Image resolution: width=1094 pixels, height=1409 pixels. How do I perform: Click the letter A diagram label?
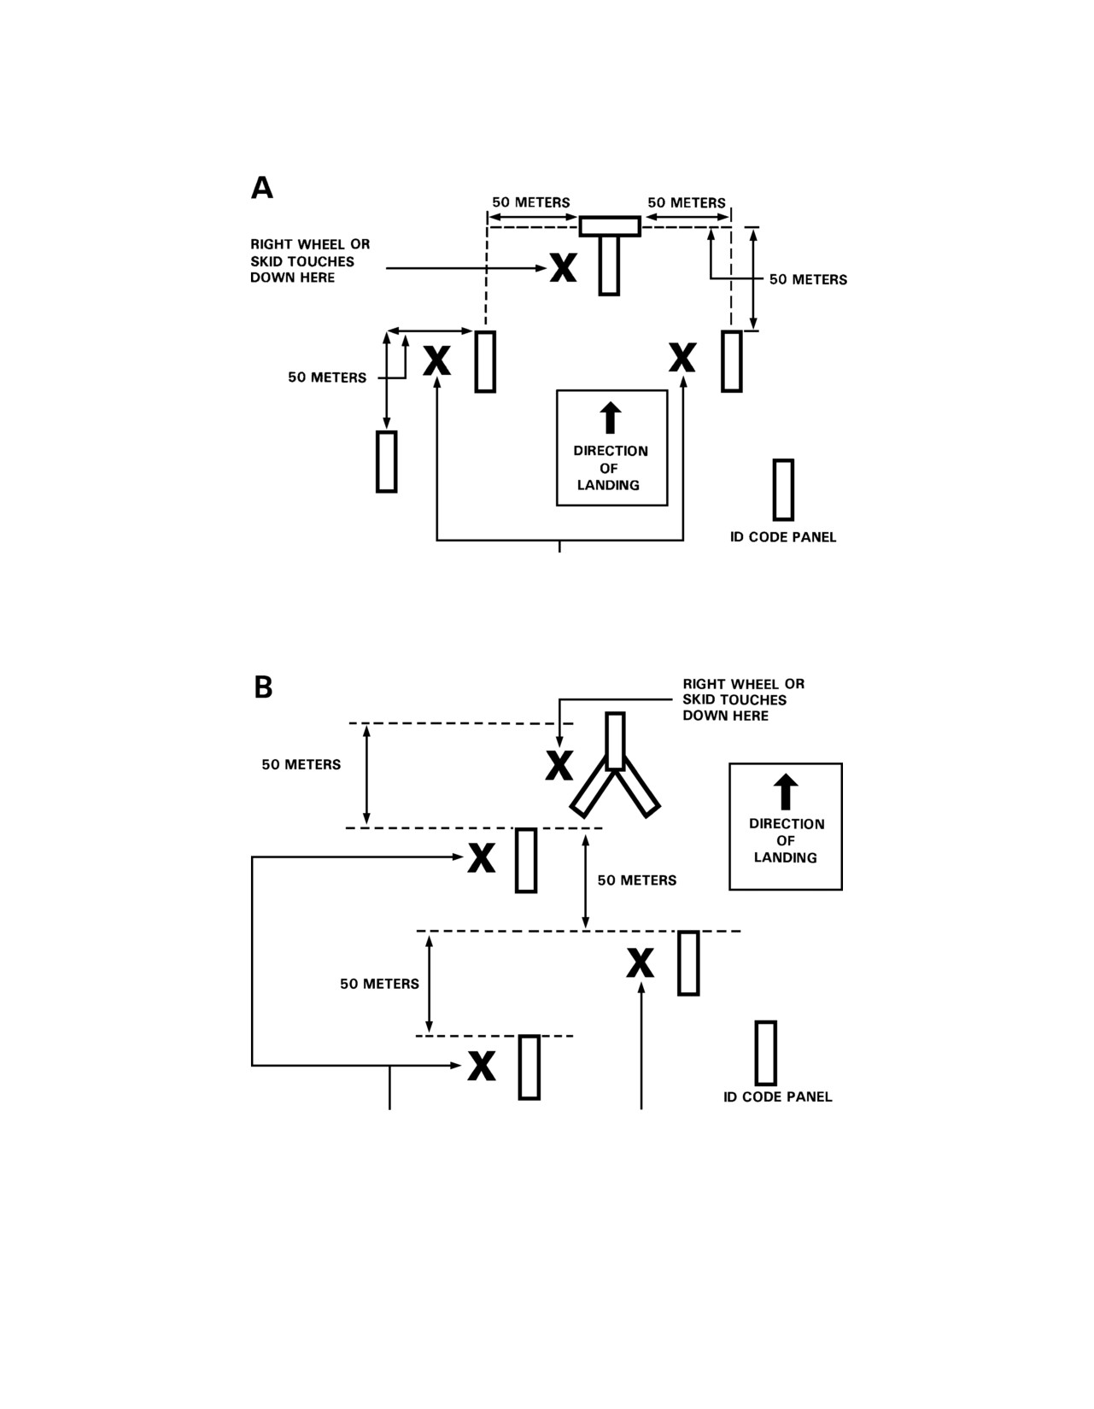[261, 187]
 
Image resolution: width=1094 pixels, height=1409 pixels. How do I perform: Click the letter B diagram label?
[263, 687]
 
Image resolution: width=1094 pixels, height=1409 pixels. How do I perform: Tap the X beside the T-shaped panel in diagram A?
[563, 267]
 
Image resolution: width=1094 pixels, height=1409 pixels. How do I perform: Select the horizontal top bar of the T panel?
[610, 226]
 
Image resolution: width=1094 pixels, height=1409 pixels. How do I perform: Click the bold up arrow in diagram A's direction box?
[611, 418]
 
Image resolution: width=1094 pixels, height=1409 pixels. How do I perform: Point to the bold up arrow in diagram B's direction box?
[786, 792]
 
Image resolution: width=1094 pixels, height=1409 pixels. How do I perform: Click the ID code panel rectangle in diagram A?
[783, 490]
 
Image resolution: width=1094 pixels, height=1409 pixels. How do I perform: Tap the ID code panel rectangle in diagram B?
[766, 1053]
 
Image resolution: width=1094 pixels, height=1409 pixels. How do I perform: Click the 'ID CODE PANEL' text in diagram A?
[783, 537]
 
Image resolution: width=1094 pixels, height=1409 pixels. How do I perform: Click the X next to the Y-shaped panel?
[559, 765]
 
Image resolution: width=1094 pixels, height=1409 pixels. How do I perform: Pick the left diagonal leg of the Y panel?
[592, 788]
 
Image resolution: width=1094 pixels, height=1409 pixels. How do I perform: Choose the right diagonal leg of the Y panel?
[638, 787]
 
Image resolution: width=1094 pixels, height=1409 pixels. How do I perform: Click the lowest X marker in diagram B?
[481, 1066]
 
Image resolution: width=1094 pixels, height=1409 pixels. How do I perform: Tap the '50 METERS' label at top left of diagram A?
[531, 202]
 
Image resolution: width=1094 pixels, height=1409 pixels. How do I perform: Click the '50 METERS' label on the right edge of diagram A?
[808, 279]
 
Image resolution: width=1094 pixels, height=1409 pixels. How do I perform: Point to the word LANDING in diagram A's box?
[608, 485]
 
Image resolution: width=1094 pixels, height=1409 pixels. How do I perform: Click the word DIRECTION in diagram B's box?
[787, 824]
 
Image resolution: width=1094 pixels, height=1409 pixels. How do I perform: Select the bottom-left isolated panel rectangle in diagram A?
[387, 462]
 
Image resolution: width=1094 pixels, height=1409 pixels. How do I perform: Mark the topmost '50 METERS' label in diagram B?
[301, 764]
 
